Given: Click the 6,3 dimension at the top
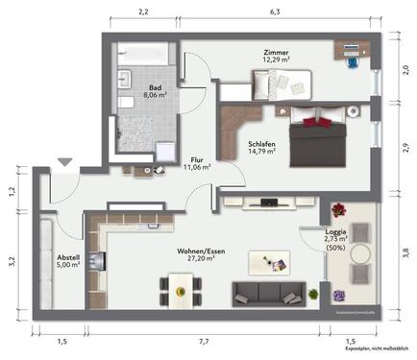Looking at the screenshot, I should [275, 12].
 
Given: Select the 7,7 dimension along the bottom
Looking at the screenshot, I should [204, 342].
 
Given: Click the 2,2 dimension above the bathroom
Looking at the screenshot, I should [143, 12].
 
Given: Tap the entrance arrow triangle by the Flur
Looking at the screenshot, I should [64, 165].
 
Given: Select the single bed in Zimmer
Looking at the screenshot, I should [281, 85].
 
